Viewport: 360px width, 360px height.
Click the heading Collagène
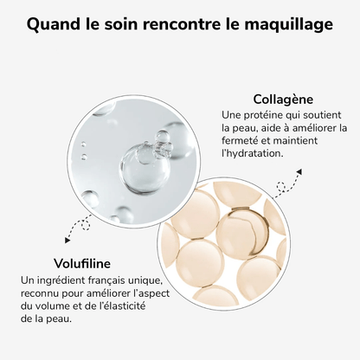point(282,99)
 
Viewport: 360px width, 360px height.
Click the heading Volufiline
point(57,263)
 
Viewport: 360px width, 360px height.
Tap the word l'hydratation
point(251,152)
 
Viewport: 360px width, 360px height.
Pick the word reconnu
point(42,292)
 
